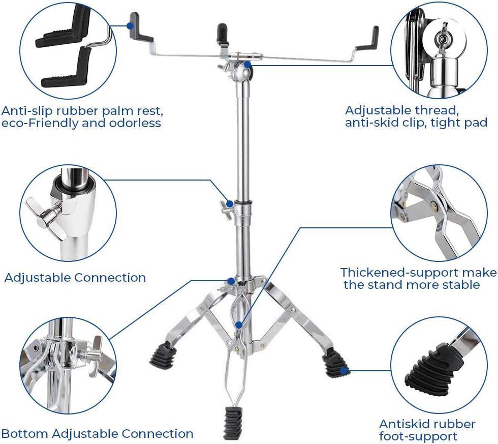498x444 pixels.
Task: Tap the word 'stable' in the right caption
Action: (461, 284)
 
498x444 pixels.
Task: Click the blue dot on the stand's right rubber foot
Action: (344, 370)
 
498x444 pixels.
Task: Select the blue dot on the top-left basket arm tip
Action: (130, 25)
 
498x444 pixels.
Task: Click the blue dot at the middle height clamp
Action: (230, 204)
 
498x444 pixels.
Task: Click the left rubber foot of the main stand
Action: (165, 354)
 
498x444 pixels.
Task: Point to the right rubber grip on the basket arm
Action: (369, 39)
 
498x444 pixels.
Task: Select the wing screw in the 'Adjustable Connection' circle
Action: (48, 216)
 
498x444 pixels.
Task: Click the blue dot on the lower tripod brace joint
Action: (238, 324)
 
